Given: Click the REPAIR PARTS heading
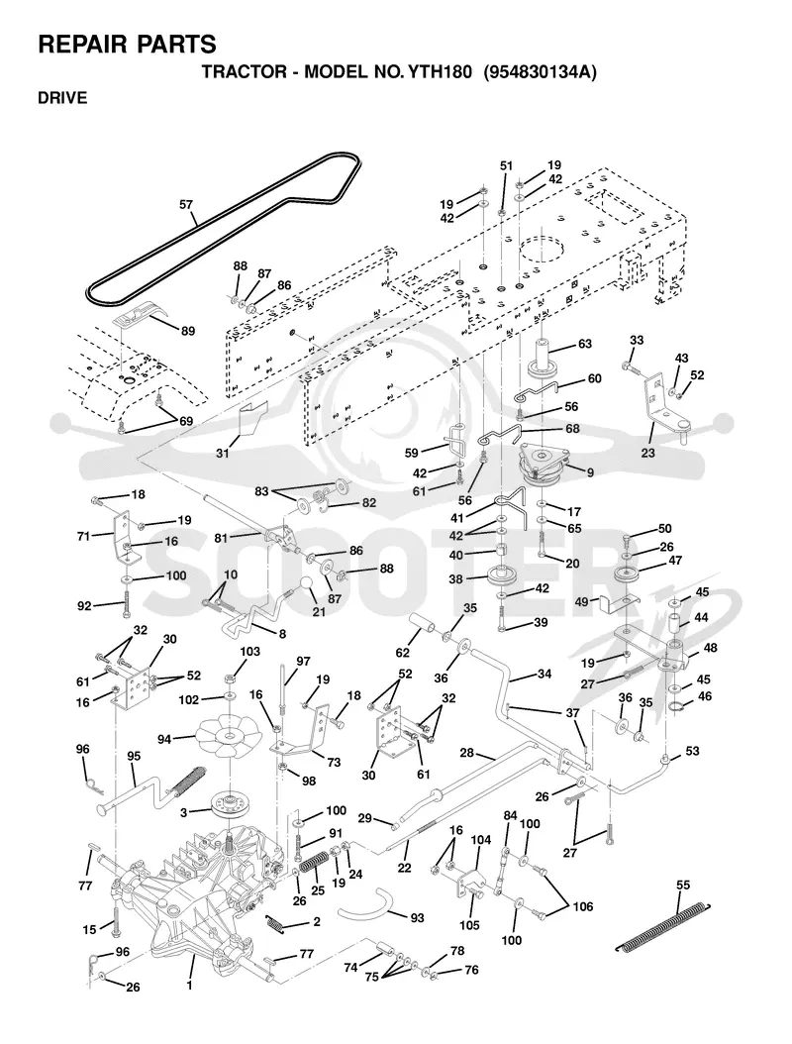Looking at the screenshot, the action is tap(127, 44).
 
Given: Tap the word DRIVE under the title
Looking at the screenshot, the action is tap(62, 98).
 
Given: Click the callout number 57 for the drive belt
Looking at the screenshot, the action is tap(186, 205).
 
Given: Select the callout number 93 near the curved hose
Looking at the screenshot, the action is tap(418, 918).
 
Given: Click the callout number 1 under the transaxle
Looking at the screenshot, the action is tap(190, 985).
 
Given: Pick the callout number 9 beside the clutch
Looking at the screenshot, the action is tap(590, 472).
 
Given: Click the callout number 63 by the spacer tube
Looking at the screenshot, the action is tap(585, 345).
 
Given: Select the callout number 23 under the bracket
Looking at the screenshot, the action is tap(647, 453).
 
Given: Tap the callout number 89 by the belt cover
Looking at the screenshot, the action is tap(188, 330).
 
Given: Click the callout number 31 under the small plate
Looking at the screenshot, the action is tap(223, 453).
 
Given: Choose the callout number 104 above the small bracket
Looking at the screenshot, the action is tap(480, 840).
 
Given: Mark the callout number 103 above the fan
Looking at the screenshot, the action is tap(249, 652).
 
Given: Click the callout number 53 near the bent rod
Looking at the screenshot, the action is tap(692, 751).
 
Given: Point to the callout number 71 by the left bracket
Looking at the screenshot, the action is tap(83, 536).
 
